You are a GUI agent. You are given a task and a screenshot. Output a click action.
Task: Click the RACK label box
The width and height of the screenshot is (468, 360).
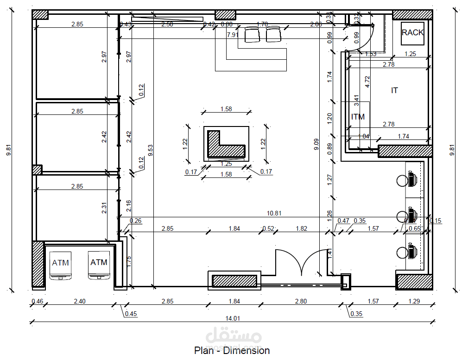point(412,33)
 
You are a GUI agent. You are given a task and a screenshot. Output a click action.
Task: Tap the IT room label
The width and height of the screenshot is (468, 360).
point(394,90)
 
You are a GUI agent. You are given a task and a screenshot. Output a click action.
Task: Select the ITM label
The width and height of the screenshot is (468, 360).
point(358,117)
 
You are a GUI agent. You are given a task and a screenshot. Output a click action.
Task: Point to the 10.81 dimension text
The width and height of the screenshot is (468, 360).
point(275,213)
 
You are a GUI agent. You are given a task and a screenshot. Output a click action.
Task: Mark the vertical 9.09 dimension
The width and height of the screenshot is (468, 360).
point(316,144)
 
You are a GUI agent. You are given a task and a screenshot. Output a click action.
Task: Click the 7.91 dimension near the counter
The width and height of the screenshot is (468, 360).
point(233,35)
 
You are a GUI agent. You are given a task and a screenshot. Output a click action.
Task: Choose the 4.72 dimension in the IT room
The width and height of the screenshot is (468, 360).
point(367,82)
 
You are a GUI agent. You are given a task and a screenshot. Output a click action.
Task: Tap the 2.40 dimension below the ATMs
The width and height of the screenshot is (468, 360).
point(80,301)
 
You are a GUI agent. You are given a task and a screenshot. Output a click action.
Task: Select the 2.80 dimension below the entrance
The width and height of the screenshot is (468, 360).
point(301,301)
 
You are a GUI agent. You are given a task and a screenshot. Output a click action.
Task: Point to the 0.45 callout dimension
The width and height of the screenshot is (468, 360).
point(131,314)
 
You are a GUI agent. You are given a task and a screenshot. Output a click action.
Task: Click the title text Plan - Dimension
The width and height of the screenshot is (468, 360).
point(232,350)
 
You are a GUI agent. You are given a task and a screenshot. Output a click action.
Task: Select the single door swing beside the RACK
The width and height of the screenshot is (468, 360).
point(364,35)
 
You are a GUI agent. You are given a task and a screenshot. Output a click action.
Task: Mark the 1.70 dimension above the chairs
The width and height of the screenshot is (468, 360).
point(262,24)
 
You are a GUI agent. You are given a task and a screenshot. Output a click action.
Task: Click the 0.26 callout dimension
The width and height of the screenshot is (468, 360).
point(135,221)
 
